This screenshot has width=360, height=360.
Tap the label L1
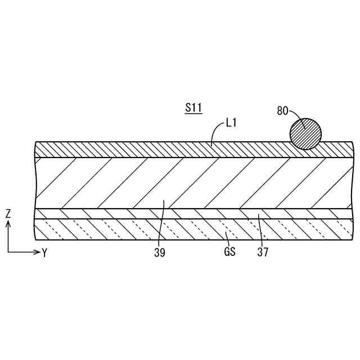point(231,121)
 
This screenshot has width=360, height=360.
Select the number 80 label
point(282,110)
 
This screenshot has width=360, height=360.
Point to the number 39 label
point(159,253)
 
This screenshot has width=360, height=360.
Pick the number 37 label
point(263,253)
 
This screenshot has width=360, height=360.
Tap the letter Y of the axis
point(44,253)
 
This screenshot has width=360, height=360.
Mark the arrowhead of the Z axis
point(8,223)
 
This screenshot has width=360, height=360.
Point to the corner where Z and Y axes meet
point(8,251)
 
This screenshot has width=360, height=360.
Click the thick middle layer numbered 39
point(112,183)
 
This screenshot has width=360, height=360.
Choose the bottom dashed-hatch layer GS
point(112,229)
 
